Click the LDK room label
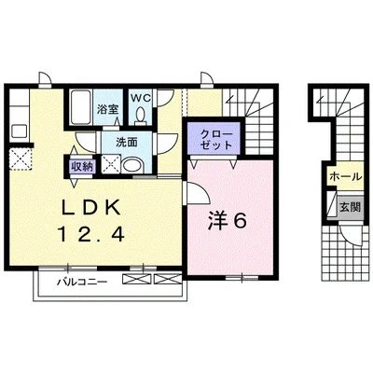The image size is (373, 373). click(x=90, y=208)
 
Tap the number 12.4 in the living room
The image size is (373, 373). click(x=90, y=234)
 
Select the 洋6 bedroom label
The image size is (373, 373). click(x=228, y=221)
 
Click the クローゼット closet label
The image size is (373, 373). click(x=216, y=140)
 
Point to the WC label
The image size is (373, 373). click(x=141, y=98)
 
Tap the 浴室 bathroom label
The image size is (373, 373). click(x=108, y=109)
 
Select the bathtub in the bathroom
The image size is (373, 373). click(x=80, y=107)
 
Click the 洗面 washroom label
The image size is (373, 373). click(x=127, y=143)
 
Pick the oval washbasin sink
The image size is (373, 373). click(x=131, y=166)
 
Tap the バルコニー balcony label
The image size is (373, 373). click(x=82, y=283)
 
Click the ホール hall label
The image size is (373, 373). click(x=346, y=176)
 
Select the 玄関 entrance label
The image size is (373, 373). click(x=350, y=207)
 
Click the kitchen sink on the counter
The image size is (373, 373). click(x=20, y=131)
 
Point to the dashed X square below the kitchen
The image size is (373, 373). click(x=21, y=159)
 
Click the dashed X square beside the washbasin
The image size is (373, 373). click(x=110, y=164)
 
